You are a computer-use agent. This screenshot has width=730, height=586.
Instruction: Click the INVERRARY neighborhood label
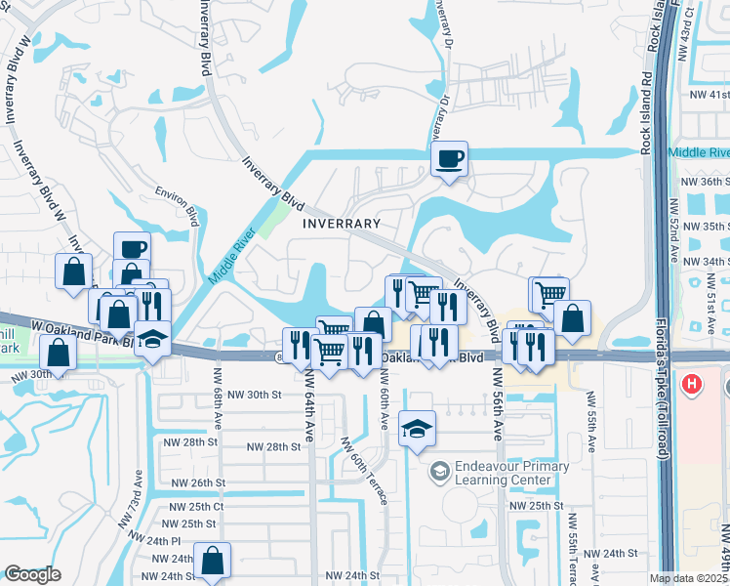341,223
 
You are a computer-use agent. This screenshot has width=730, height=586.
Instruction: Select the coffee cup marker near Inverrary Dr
450,158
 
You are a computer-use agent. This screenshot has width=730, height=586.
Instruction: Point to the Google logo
32,574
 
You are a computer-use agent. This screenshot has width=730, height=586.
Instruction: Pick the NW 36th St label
705,182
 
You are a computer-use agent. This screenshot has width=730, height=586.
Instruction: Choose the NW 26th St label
198,482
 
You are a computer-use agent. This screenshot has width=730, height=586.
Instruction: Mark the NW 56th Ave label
497,403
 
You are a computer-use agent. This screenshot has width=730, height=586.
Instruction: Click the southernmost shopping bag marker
212,561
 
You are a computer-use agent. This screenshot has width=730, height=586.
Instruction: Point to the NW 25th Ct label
198,507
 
